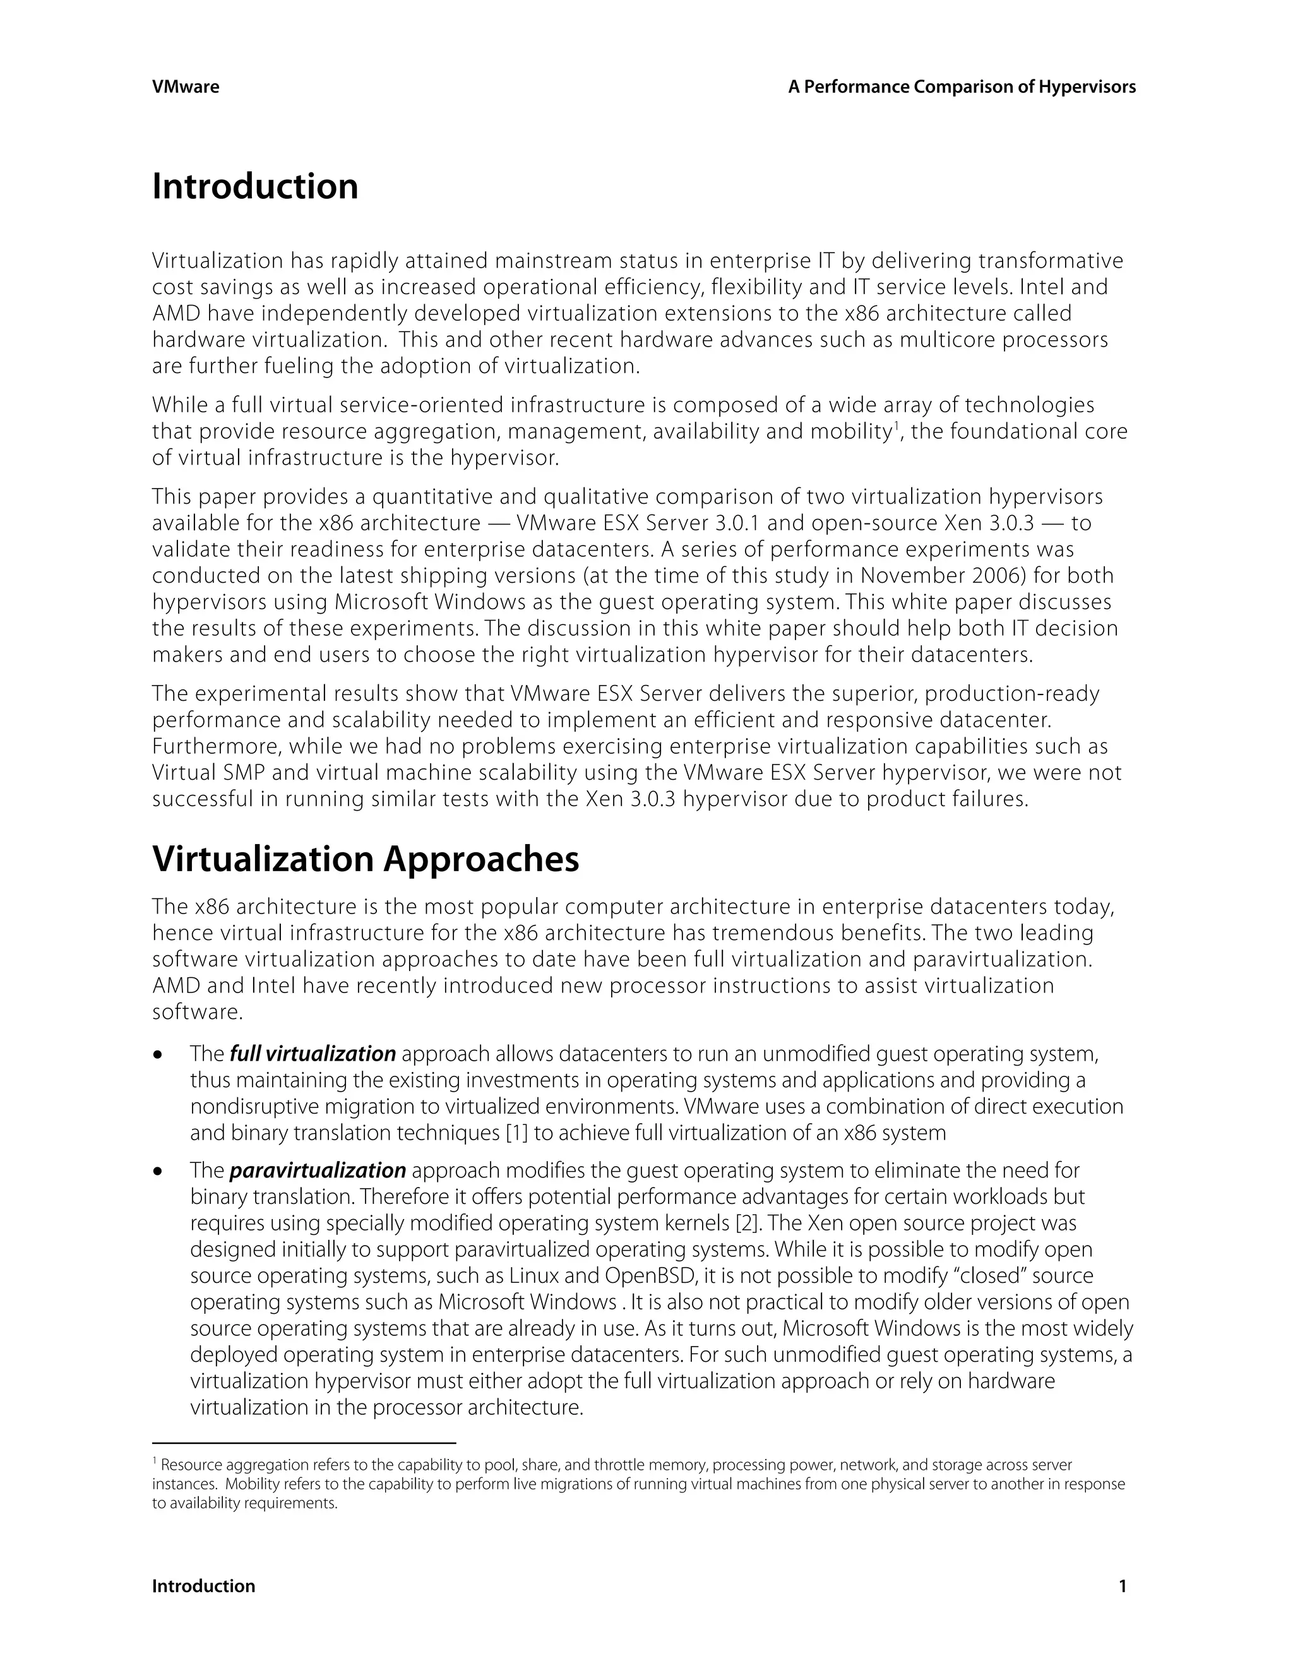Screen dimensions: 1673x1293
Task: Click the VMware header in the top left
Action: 186,87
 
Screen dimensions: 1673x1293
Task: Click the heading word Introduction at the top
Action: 255,187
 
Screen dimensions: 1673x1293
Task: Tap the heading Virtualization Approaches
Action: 366,859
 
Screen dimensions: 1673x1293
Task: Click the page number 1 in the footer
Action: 1123,1587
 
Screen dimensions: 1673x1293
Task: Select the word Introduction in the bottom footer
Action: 203,1587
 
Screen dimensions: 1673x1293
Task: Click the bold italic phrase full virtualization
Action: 313,1054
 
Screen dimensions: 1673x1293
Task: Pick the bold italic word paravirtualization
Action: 317,1170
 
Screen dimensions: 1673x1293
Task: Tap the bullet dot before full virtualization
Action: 158,1056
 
